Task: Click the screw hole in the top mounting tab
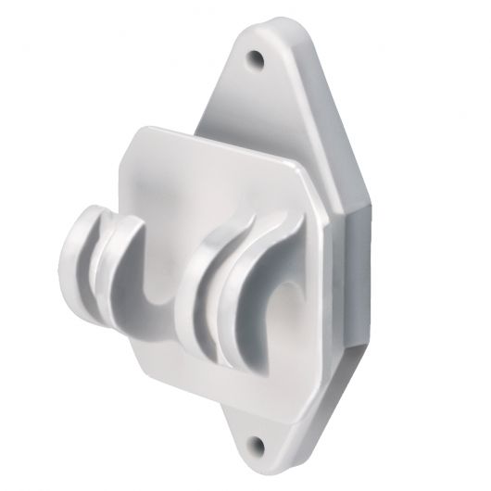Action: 255,62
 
